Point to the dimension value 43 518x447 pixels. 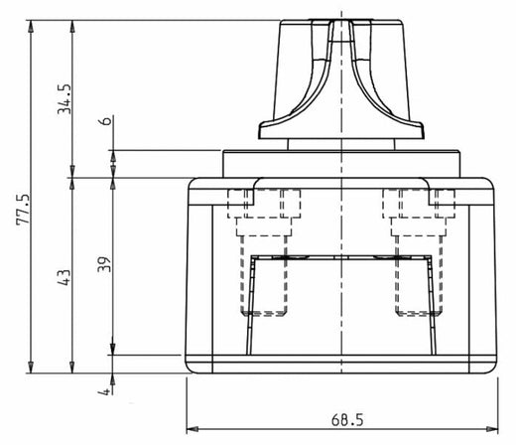pos(65,276)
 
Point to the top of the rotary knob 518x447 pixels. pos(341,22)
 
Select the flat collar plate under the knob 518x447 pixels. pos(341,164)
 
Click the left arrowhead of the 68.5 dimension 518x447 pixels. pos(193,430)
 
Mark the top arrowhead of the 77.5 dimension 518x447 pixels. pos(34,25)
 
